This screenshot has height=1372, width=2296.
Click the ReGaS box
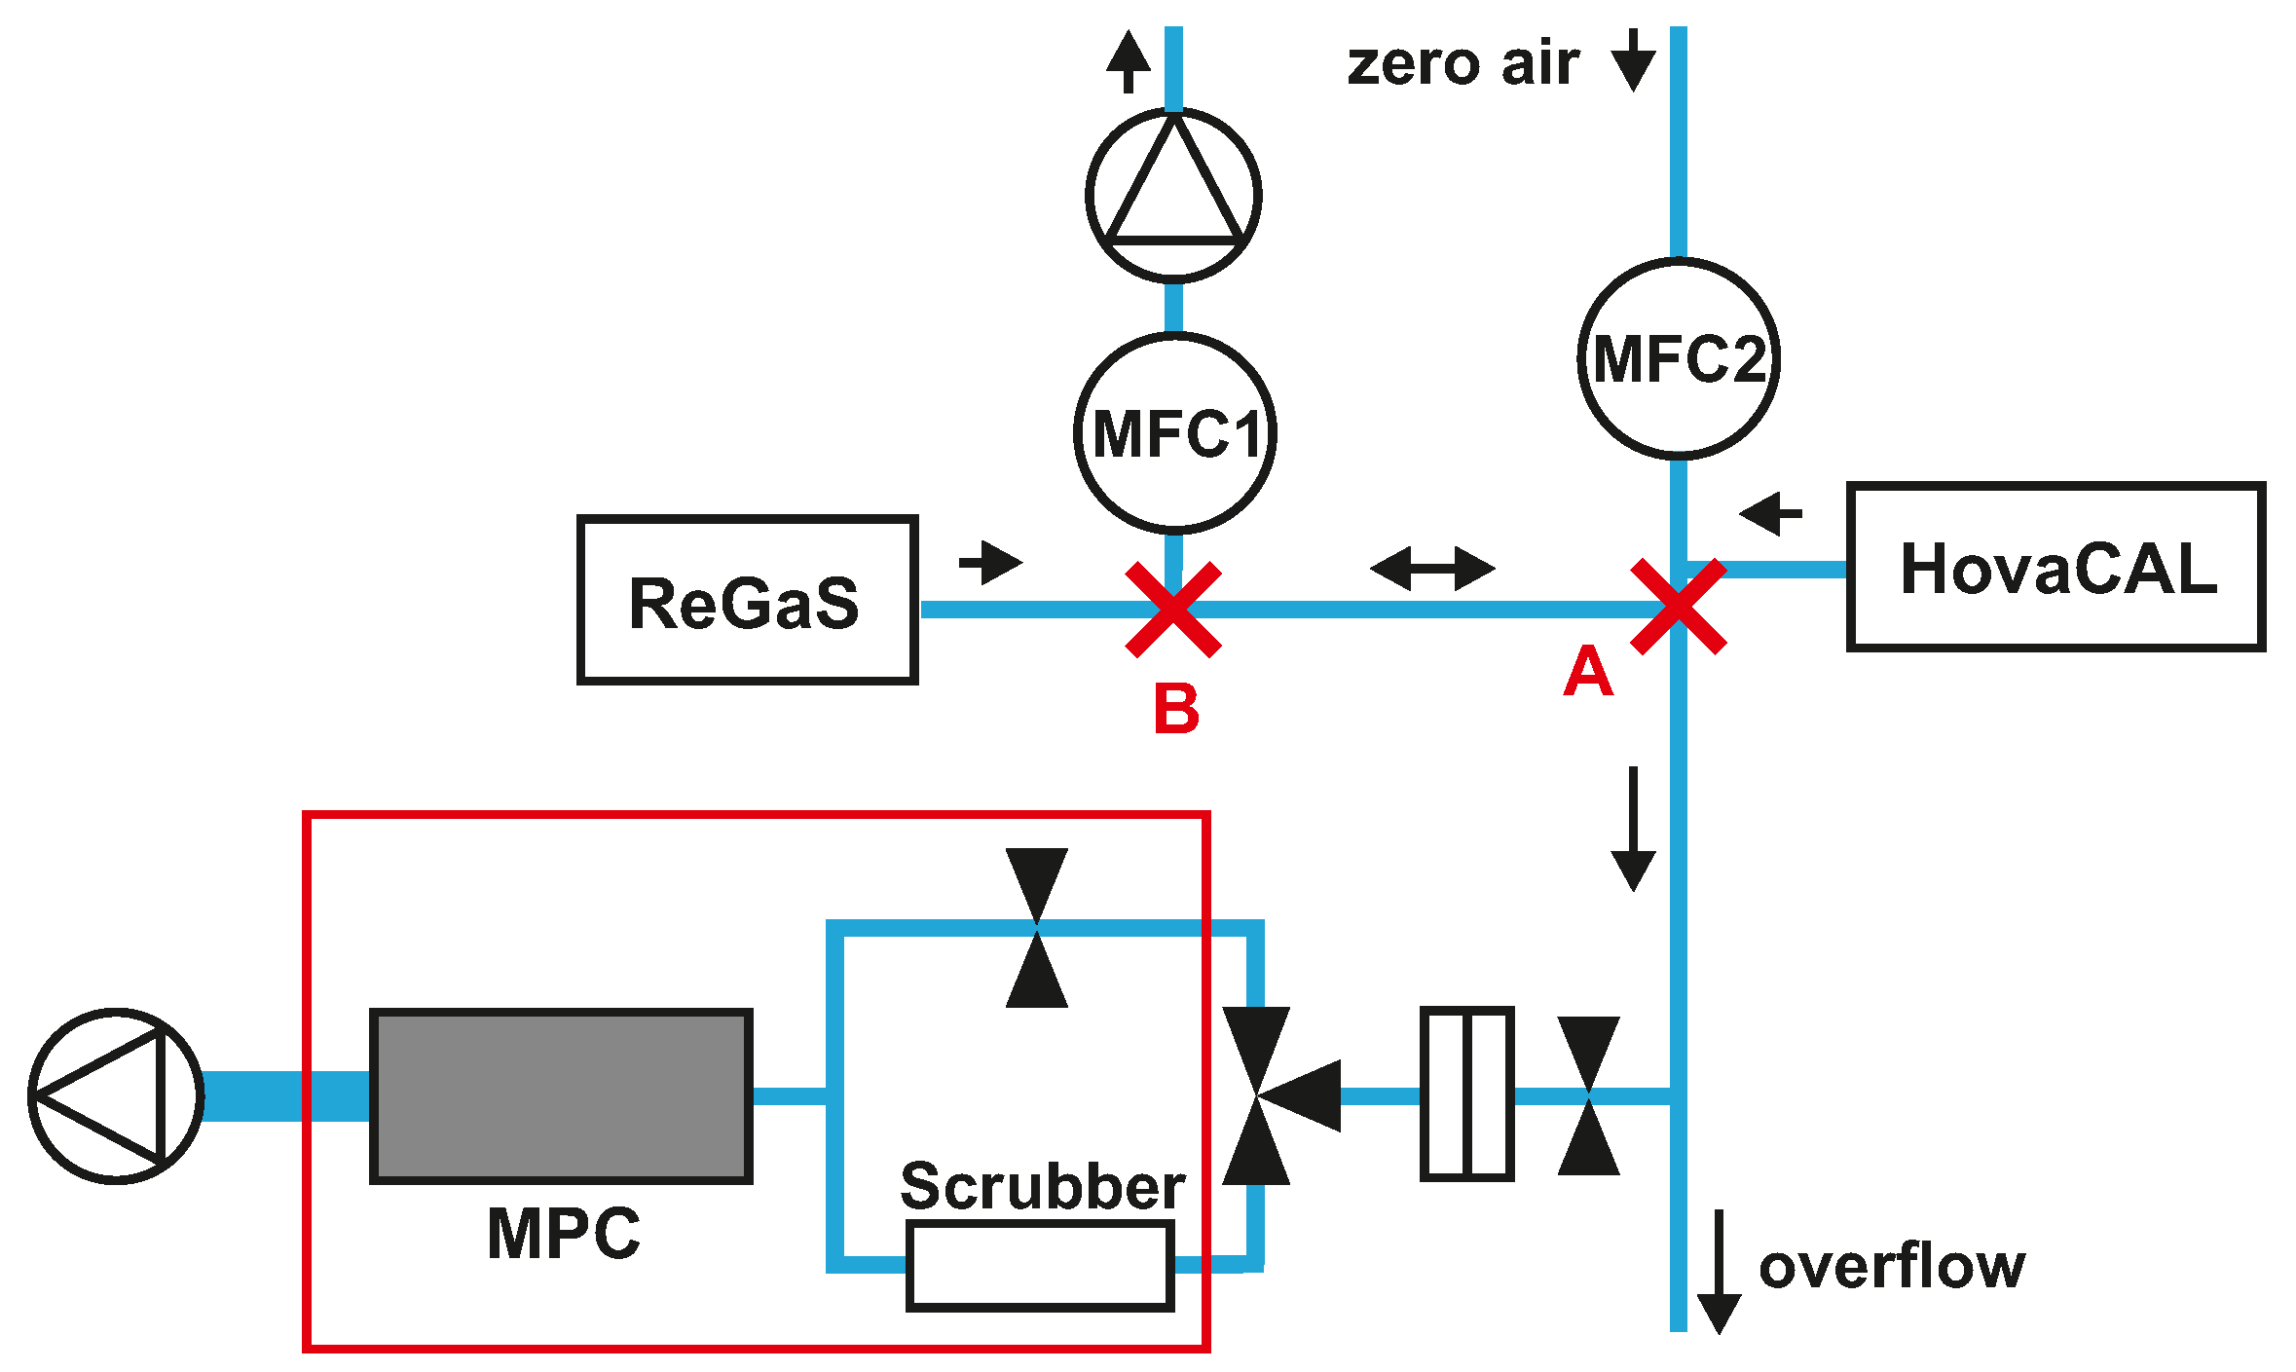[747, 600]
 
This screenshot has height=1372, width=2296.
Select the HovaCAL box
[2055, 566]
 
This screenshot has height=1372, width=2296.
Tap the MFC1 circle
[1175, 433]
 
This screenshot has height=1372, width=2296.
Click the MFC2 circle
[1678, 358]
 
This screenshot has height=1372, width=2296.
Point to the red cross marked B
[1173, 610]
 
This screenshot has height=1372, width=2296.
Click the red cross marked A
[1678, 607]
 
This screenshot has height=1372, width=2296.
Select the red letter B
[1176, 709]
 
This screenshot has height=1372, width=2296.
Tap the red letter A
[1587, 672]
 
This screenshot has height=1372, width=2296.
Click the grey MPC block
[562, 1095]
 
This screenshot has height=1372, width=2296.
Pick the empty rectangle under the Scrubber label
[1039, 1266]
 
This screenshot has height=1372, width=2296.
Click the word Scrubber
[1042, 1186]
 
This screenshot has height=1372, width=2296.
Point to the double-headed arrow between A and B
[1432, 568]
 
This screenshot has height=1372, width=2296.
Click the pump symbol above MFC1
[1173, 196]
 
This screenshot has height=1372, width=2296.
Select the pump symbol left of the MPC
[117, 1095]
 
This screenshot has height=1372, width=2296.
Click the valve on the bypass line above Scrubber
[1036, 927]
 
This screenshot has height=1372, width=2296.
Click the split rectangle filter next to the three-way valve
[1466, 1094]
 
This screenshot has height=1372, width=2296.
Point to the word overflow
[1891, 1266]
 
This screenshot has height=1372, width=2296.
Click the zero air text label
[1463, 64]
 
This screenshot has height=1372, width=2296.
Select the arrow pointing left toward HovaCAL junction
[1770, 512]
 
